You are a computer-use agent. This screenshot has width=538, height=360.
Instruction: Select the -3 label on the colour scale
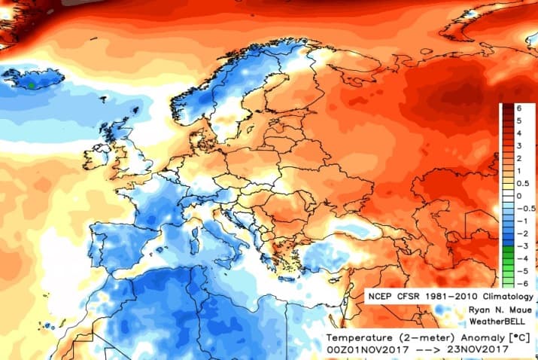[519, 246]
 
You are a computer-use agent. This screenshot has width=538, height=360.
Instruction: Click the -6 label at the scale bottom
[519, 282]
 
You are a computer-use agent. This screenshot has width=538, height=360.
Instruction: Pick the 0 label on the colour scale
[519, 196]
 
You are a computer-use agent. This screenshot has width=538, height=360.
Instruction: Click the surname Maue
[520, 310]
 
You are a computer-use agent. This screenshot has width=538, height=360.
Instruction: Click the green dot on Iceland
[31, 86]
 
